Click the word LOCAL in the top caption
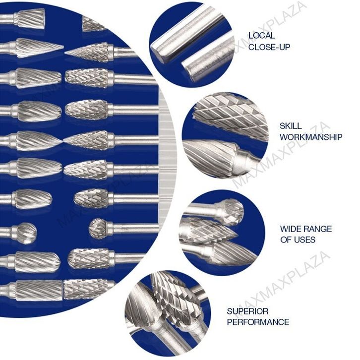262,36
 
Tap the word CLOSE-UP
269,47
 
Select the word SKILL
291,126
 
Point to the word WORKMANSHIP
311,137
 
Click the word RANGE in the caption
317,229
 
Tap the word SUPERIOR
248,311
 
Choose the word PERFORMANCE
258,322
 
